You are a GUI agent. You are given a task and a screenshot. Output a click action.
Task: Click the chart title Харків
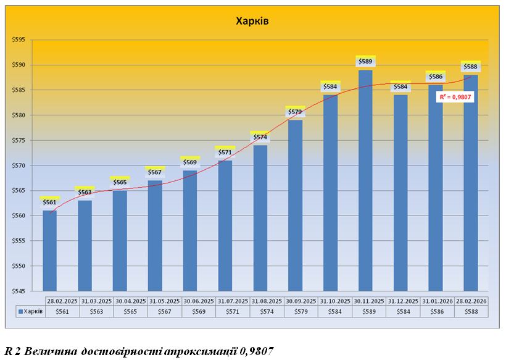coord(253,21)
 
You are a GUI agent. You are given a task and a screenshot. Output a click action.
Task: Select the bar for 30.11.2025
coord(365,179)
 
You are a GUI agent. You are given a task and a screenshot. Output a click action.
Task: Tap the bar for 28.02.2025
coord(50,250)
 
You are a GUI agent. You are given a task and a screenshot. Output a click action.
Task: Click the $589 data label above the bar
coord(365,61)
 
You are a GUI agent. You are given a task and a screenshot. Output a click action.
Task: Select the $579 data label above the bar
coord(295,112)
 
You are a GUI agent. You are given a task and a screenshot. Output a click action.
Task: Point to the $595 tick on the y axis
coord(19,40)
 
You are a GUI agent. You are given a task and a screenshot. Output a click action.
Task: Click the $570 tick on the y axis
coord(19,165)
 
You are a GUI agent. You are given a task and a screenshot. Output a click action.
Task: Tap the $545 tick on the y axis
coord(19,291)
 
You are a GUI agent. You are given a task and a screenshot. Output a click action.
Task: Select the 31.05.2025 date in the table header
coord(164,301)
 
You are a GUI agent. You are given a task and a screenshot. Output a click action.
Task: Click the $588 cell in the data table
coord(471,311)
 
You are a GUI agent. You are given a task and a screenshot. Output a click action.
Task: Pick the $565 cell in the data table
coord(130,311)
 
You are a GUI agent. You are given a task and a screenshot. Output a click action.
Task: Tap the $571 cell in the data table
coord(233,311)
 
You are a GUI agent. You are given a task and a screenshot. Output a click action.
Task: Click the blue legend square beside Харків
coord(21,311)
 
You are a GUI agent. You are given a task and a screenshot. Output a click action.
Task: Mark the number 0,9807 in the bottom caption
coord(253,351)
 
